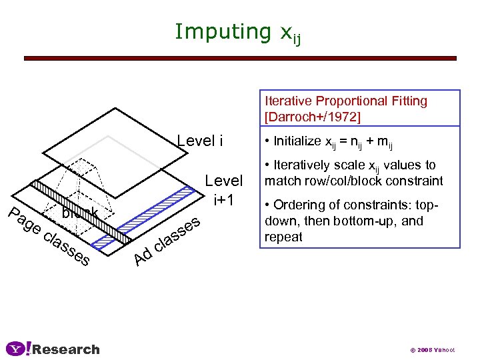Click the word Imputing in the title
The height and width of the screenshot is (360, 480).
coord(219,31)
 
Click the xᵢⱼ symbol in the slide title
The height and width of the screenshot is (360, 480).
coord(287,34)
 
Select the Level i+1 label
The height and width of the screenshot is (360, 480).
coord(223,189)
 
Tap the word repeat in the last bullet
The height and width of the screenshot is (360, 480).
coord(283,237)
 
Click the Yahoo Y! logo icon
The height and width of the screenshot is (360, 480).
coord(18,349)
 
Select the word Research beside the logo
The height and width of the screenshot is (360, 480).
coord(66,349)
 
